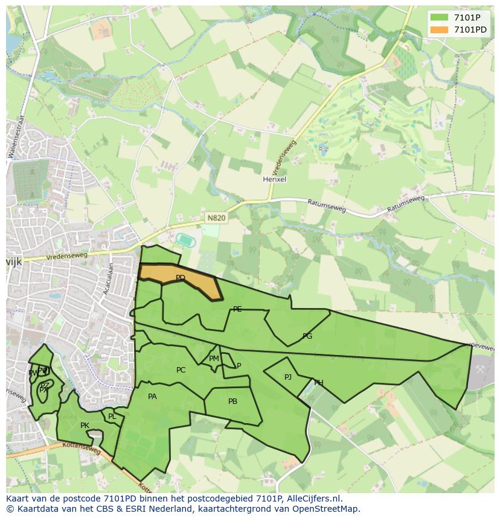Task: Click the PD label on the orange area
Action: tap(180, 278)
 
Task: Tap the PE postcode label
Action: tap(237, 309)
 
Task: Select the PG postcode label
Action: tap(307, 336)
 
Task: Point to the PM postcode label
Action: tap(214, 359)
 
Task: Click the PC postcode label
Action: tap(181, 370)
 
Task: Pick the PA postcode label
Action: tap(152, 397)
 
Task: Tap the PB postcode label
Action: tap(232, 401)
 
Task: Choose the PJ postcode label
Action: tap(288, 377)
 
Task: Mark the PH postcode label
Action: tap(318, 383)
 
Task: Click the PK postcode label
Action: tap(85, 426)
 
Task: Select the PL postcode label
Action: tap(112, 417)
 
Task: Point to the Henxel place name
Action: tap(274, 179)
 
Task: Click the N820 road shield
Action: tap(216, 218)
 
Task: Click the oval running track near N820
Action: tap(185, 239)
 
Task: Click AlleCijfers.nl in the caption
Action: tap(313, 499)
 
